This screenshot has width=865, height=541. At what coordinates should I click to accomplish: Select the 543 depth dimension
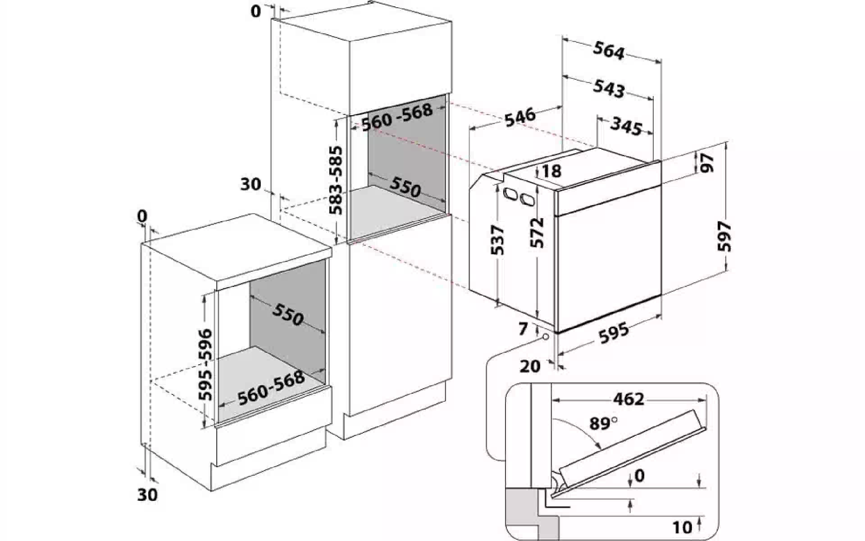pos(609,88)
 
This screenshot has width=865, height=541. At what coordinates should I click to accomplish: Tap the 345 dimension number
pos(626,127)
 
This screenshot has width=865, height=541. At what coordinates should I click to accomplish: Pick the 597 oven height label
pos(725,236)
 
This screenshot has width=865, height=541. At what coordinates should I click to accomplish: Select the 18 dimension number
pos(551,171)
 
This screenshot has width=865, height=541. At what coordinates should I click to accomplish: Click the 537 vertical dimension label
pos(499,239)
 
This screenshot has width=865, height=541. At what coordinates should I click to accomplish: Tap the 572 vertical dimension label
pos(537,233)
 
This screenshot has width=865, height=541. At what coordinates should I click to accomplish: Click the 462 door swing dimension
pos(629,399)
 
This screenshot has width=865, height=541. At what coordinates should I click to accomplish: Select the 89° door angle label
pos(602,424)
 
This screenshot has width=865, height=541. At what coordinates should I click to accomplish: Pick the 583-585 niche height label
pos(336,180)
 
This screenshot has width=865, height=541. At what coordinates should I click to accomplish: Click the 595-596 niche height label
pos(205,365)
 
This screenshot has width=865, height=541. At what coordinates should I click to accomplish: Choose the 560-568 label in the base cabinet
pos(271,388)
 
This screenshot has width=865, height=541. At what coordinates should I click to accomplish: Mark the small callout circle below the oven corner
pos(546,338)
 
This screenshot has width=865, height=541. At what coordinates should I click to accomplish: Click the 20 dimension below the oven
pos(530,366)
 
